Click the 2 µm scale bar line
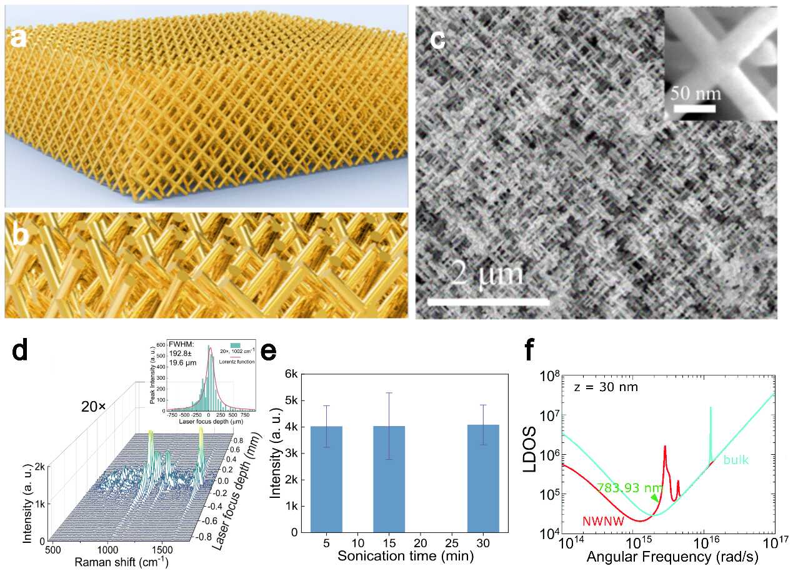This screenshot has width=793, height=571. tap(488, 302)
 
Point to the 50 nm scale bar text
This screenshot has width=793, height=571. tap(695, 94)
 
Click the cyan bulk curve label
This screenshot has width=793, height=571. tap(736, 460)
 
